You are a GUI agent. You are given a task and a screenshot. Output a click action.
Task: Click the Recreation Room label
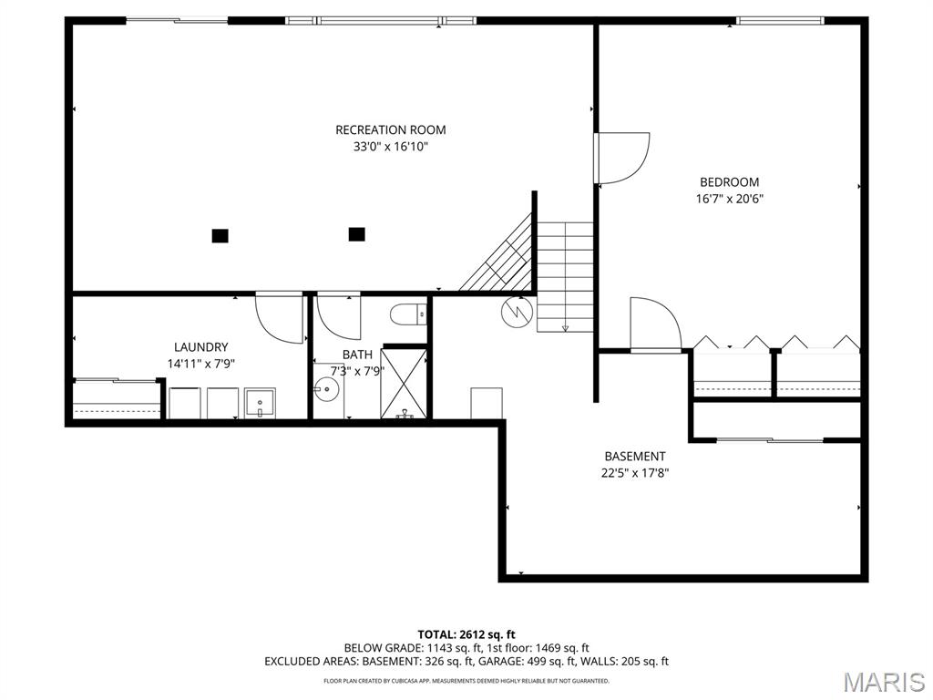(x=390, y=129)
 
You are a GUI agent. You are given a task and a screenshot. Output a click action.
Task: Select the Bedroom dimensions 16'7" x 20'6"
(x=730, y=199)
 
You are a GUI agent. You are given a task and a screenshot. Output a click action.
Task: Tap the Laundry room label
(x=201, y=347)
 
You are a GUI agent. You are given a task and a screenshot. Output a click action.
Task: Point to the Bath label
(x=357, y=355)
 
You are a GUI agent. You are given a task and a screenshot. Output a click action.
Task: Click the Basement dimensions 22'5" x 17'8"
(x=635, y=473)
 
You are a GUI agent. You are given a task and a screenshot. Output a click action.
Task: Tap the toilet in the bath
(x=408, y=314)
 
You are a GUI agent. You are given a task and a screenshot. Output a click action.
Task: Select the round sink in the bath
(x=327, y=390)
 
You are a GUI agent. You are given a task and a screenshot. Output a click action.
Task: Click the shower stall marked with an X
(x=404, y=384)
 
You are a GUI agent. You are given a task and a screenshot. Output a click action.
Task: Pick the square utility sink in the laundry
(x=260, y=403)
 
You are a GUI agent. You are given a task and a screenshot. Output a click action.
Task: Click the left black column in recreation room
(x=220, y=236)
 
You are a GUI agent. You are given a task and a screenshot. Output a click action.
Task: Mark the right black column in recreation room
(x=356, y=234)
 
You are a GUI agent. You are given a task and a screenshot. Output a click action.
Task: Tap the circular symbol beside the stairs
(x=516, y=312)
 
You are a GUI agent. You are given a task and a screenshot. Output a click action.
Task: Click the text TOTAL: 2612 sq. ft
(x=466, y=634)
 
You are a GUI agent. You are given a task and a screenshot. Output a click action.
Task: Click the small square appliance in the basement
(x=487, y=403)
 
